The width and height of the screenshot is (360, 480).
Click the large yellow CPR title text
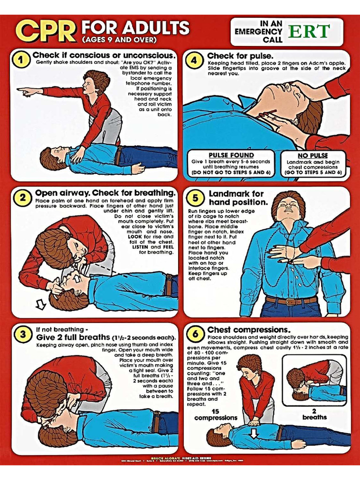[x=46, y=31]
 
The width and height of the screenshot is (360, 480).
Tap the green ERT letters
[x=309, y=31]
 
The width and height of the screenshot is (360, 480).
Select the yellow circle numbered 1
[x=21, y=60]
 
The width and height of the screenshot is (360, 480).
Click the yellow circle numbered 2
[x=22, y=197]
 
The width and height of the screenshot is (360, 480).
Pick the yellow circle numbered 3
[x=22, y=334]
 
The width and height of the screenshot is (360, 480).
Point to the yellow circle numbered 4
[x=195, y=60]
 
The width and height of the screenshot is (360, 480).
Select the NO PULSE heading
[x=313, y=156]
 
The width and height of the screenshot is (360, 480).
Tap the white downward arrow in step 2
[x=41, y=305]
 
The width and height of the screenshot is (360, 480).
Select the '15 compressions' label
[x=216, y=414]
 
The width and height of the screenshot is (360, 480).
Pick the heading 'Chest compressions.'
[x=249, y=330]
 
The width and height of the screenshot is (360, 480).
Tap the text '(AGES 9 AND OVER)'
[x=119, y=39]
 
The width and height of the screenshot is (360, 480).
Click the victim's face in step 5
[x=289, y=207]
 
